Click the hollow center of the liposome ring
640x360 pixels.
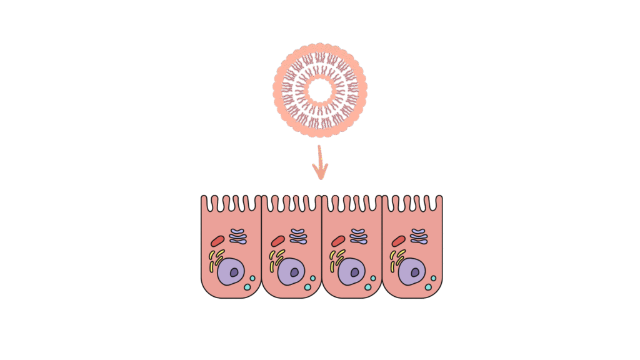320,90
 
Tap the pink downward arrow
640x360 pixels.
320,164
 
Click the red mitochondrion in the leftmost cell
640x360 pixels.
217,241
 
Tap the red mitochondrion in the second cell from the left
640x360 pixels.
278,241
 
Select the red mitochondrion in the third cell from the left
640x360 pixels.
338,241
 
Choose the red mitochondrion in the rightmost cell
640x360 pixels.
398,241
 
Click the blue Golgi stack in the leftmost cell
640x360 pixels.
238,236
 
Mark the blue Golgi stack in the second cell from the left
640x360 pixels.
298,236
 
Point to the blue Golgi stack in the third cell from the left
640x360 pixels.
358,236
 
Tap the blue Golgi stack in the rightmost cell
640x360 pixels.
418,236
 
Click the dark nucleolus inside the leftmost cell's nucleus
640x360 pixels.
234,273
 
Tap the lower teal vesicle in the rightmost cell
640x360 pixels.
428,287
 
